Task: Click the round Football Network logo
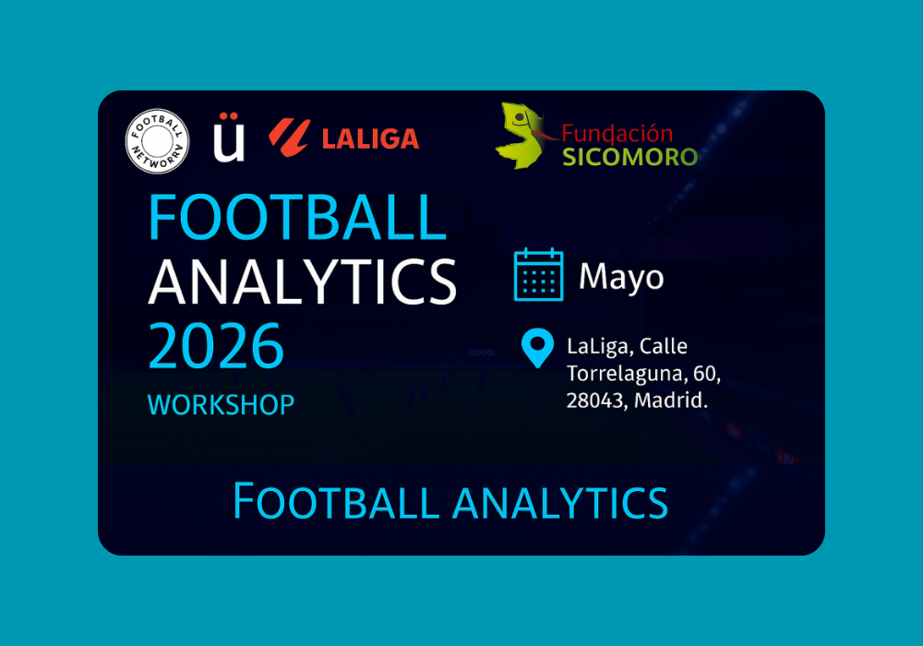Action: click(x=157, y=141)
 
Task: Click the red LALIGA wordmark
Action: click(x=370, y=138)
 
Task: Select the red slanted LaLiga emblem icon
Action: click(x=290, y=138)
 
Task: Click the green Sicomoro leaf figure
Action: click(x=521, y=136)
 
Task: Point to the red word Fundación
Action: click(x=617, y=134)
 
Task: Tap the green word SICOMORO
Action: click(x=629, y=157)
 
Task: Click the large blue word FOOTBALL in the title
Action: click(x=297, y=217)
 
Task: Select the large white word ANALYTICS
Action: click(x=302, y=281)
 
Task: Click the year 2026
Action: click(x=216, y=346)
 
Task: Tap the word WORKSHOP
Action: click(x=221, y=405)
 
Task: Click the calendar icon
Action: click(x=539, y=275)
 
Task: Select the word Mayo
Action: click(x=621, y=277)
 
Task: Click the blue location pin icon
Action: click(x=537, y=348)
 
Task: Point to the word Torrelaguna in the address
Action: click(x=625, y=374)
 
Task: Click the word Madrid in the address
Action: click(x=670, y=401)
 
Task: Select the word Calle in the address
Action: click(x=664, y=346)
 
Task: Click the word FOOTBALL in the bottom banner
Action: click(x=337, y=501)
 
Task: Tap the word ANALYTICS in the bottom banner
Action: click(x=560, y=502)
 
